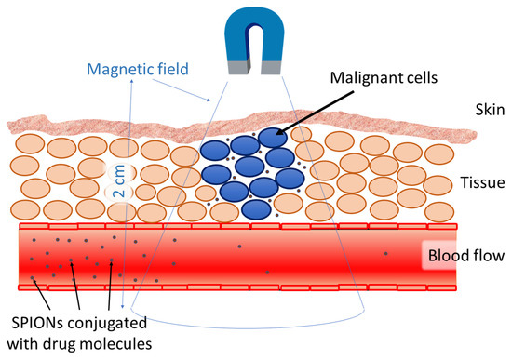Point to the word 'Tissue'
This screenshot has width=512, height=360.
tap(475, 184)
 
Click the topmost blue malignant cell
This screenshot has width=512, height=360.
tap(273, 138)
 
